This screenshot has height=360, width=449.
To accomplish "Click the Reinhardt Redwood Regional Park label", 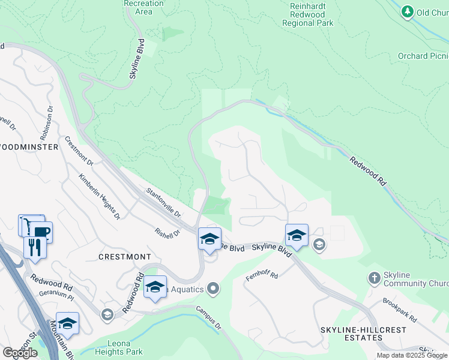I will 308,13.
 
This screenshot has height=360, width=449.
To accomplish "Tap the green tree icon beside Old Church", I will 408,11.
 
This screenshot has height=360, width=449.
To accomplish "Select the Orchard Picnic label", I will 423,56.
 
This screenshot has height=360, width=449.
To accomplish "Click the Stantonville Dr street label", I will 164,203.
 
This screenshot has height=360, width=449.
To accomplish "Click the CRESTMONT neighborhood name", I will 124,257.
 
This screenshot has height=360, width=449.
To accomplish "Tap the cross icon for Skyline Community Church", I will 375,278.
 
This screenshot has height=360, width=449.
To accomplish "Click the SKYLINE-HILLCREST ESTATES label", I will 363,334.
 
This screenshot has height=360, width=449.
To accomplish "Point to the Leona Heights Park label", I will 119,346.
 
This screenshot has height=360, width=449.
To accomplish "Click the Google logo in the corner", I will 20,353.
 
